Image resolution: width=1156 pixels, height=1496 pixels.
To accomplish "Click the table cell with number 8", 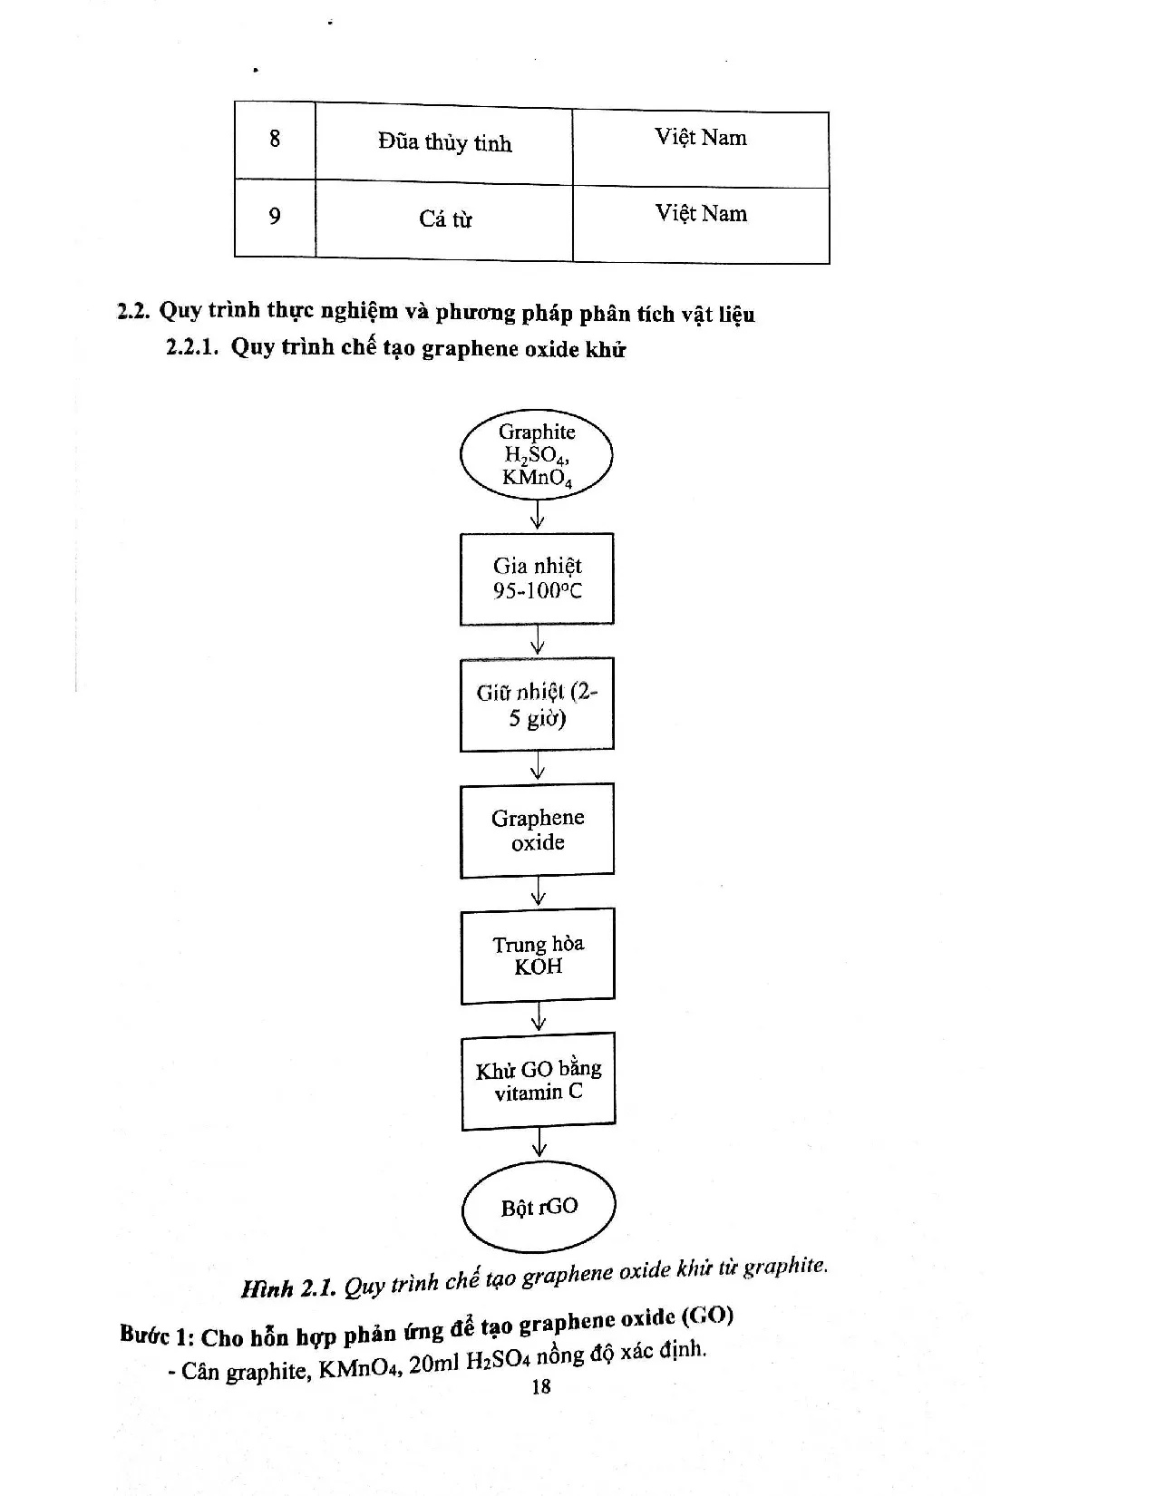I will pyautogui.click(x=275, y=140).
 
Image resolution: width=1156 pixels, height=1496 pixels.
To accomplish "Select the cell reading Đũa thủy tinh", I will pyautogui.click(x=444, y=143).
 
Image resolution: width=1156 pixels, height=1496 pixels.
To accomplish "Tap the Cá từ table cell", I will pyautogui.click(x=444, y=219).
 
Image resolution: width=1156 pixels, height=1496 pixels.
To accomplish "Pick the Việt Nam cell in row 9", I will pyautogui.click(x=701, y=215).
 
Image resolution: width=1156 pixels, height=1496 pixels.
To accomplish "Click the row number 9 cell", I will pyautogui.click(x=275, y=217).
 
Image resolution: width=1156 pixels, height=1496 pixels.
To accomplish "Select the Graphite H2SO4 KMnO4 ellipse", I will pyautogui.click(x=537, y=455).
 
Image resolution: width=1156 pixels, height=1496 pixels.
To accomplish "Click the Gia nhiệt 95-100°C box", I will pyautogui.click(x=537, y=578).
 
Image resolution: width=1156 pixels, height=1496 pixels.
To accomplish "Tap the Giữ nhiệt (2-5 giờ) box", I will pyautogui.click(x=537, y=704).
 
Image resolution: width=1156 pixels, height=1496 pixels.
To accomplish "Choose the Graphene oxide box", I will pyautogui.click(x=538, y=830).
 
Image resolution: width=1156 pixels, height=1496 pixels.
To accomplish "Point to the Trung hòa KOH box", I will pyautogui.click(x=538, y=955).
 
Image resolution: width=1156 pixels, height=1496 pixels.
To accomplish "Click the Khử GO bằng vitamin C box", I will pyautogui.click(x=539, y=1081).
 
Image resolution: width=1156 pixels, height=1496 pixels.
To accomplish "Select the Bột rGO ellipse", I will pyautogui.click(x=539, y=1207).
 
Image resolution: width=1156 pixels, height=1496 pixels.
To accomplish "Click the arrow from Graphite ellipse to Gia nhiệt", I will pyautogui.click(x=538, y=516).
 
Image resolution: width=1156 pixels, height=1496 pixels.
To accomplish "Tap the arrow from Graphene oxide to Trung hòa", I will pyautogui.click(x=539, y=891).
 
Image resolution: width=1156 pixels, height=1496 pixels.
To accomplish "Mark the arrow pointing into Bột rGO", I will pyautogui.click(x=539, y=1143).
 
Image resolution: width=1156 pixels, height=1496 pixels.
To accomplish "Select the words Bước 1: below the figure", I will pyautogui.click(x=156, y=1336).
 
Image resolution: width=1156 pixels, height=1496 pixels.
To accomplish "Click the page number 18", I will pyautogui.click(x=541, y=1386).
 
